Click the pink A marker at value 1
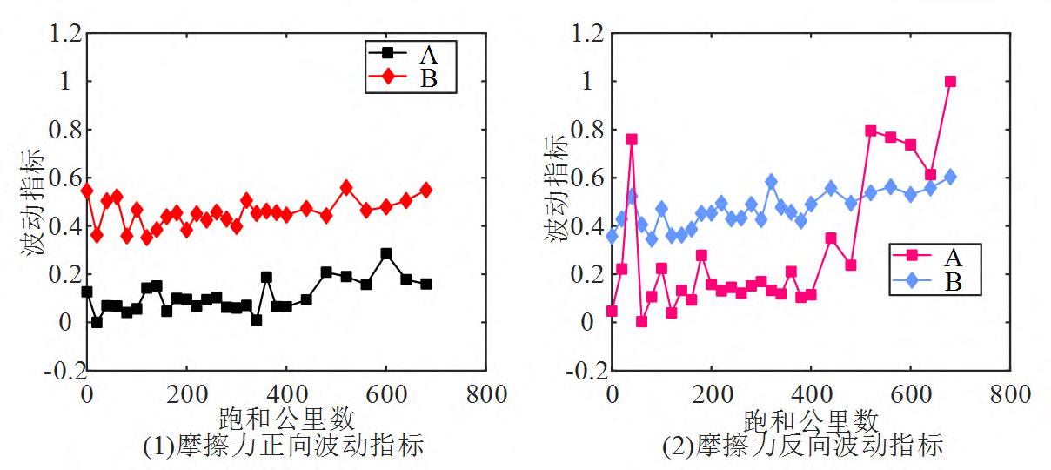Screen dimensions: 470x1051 click(x=950, y=81)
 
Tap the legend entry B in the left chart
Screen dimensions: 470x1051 click(x=427, y=80)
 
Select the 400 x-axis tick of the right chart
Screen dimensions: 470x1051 click(x=811, y=393)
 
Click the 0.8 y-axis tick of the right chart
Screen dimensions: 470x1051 click(x=590, y=130)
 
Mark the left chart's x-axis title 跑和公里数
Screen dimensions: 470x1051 click(x=285, y=419)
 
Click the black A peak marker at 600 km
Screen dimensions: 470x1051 click(x=386, y=254)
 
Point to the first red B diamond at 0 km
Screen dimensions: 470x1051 click(x=86, y=190)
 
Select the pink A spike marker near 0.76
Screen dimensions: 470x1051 click(x=632, y=139)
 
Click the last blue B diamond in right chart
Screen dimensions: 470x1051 click(x=950, y=177)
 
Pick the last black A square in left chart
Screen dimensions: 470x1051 click(x=426, y=284)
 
